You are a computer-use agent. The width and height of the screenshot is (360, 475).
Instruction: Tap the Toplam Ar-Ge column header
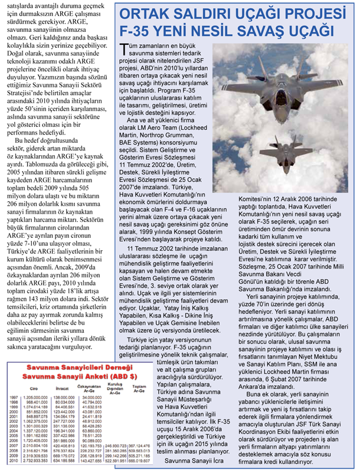click(x=139, y=388)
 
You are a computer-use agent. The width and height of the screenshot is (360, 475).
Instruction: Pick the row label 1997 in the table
click(x=13, y=398)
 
